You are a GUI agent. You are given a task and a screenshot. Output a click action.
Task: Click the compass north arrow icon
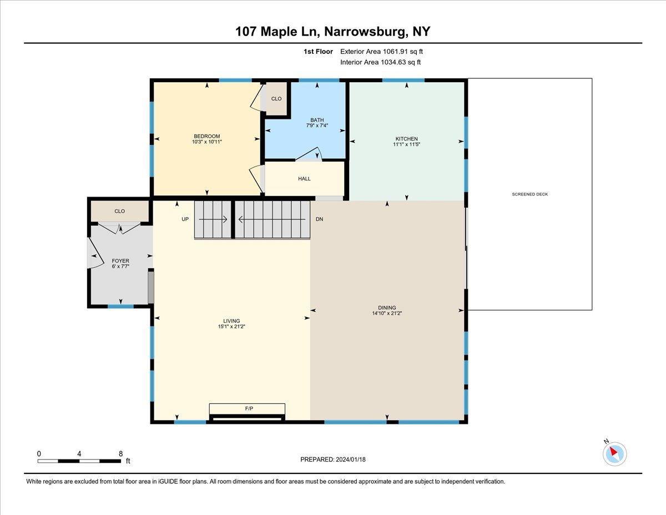tap(614, 453)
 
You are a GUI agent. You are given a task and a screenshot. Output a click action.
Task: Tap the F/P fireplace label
tap(249, 408)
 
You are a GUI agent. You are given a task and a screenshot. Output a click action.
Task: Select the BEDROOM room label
tap(206, 136)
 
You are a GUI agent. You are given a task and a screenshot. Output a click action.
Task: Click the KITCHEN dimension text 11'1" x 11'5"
tap(406, 144)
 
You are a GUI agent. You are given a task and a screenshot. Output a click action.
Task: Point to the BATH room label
tap(317, 120)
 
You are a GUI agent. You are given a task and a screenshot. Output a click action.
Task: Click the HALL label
tap(304, 179)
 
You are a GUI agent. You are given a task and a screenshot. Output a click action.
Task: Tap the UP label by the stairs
tap(185, 219)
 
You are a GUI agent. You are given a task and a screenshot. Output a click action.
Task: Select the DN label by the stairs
tap(319, 219)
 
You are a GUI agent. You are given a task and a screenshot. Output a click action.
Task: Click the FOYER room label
tap(120, 261)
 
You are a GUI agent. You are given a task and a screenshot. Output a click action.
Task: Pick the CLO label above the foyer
tap(119, 211)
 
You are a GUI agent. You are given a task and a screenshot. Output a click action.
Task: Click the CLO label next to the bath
tap(276, 99)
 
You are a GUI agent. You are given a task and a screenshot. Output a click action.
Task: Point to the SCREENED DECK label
tap(529, 194)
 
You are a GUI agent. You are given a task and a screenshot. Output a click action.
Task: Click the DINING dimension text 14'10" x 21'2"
tap(387, 313)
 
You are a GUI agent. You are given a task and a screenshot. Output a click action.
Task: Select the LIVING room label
tap(231, 321)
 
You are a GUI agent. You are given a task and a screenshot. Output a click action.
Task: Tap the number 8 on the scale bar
tap(121, 454)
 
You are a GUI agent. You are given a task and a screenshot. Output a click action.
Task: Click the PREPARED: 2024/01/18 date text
tap(334, 459)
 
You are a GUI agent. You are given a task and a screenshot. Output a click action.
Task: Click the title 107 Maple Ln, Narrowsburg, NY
tap(333, 32)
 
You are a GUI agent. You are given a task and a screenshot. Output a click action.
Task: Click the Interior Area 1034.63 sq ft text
tap(381, 62)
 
